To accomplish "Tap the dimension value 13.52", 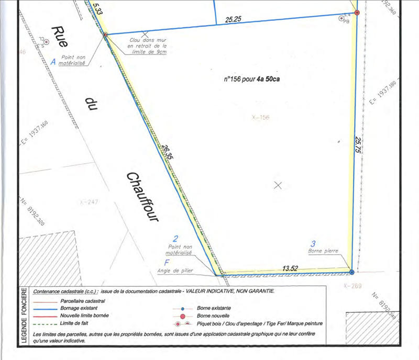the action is pos(290,268).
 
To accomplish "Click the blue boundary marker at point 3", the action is pos(351,272).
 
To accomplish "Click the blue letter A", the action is pos(53,61).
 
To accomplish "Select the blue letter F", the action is pos(167,262).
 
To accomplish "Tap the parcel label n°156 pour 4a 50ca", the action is pos(256,80).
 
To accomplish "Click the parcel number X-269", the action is pos(353,286).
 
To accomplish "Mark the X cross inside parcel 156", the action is pos(279,184).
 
